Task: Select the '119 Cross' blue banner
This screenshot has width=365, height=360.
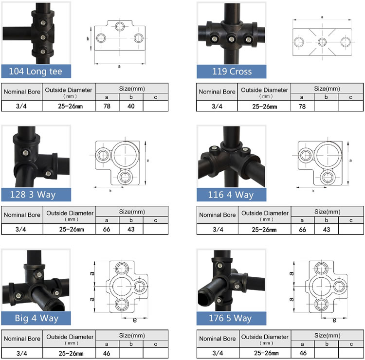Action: pos(232,72)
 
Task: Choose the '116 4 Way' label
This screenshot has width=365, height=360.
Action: pos(232,195)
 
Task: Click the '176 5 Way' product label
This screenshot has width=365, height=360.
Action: pos(232,318)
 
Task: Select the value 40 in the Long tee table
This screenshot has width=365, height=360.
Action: pos(131,106)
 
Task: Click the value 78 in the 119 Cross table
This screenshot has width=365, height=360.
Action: pos(302,106)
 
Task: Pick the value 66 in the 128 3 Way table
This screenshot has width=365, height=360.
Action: pos(108,230)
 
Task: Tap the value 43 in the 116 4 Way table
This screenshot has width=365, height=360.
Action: pos(326,230)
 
